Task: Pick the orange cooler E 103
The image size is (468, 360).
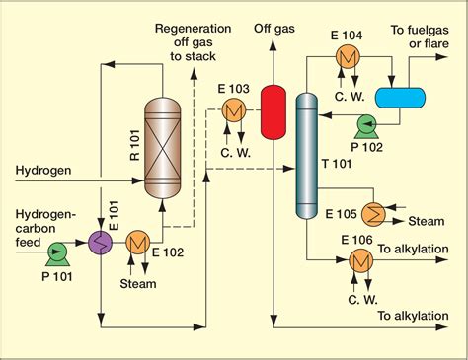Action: click(x=233, y=110)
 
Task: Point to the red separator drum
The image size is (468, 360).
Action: click(x=273, y=111)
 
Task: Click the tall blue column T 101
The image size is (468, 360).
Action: click(x=306, y=155)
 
